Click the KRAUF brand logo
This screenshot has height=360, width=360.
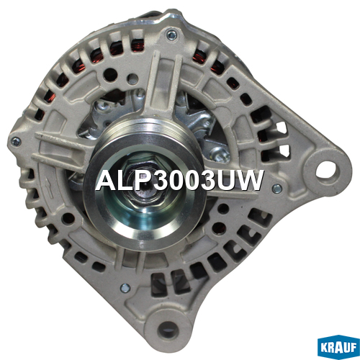338,347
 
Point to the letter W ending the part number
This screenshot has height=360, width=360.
249,181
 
